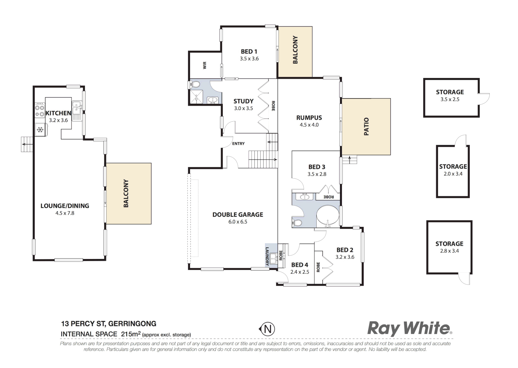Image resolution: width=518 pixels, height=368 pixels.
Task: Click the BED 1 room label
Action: click(249, 52)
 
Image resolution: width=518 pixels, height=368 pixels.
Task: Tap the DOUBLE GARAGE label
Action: click(238, 215)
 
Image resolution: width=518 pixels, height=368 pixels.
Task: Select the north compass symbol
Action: click(267, 329)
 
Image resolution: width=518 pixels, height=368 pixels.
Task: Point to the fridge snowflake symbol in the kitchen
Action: click(40, 130)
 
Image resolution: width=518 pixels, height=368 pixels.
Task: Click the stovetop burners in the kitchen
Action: click(40, 110)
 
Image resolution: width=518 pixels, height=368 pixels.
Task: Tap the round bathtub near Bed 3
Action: click(328, 216)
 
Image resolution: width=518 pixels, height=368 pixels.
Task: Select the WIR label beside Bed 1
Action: click(205, 65)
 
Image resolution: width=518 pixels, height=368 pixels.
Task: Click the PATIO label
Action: click(366, 126)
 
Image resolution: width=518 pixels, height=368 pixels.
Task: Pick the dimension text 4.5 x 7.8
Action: click(65, 213)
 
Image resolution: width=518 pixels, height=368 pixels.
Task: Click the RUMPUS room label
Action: click(309, 118)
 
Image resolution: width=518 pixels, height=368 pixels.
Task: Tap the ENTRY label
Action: click(238, 144)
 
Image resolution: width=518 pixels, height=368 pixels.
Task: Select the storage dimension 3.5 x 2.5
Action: click(450, 99)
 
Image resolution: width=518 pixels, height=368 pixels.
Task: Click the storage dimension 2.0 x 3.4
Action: click(453, 174)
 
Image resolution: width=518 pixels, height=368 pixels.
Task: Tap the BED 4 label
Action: click(300, 265)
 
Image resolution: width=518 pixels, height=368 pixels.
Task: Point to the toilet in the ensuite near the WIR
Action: click(195, 84)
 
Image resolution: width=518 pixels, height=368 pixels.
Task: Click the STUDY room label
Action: click(244, 101)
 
